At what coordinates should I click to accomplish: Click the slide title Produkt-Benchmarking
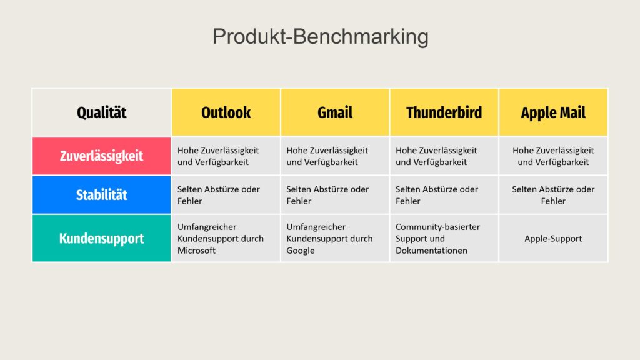(x=321, y=36)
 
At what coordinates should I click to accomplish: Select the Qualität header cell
(x=102, y=112)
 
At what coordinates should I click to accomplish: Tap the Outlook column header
(x=226, y=112)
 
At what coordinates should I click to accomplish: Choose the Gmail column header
(x=335, y=112)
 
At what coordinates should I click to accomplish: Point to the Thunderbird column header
(x=444, y=112)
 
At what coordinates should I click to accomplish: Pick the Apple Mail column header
(x=554, y=112)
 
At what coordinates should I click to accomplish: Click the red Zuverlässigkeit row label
(x=102, y=156)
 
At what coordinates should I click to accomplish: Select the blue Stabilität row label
(x=102, y=195)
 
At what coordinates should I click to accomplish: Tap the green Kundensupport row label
(x=102, y=238)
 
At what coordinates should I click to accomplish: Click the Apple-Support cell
(x=554, y=238)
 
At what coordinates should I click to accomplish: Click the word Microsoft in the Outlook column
(x=196, y=251)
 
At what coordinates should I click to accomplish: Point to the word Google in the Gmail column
(x=301, y=251)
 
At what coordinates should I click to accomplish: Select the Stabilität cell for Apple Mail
(x=554, y=195)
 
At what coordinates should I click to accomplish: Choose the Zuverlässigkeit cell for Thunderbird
(x=444, y=156)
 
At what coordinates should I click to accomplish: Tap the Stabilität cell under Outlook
(x=226, y=195)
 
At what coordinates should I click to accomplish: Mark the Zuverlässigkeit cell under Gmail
(x=335, y=156)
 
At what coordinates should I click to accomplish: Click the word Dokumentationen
(x=431, y=251)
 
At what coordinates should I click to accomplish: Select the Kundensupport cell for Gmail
(x=335, y=238)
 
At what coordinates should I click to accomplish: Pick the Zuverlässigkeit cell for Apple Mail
(x=554, y=156)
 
